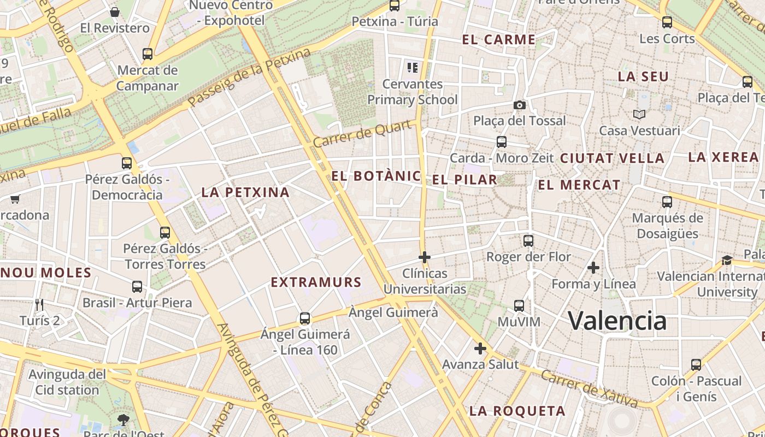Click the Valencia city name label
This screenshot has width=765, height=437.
click(x=617, y=321)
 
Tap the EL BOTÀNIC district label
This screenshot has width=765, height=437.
click(x=376, y=176)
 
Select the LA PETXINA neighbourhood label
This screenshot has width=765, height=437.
click(x=245, y=192)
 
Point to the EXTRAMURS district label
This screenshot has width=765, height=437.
click(x=316, y=282)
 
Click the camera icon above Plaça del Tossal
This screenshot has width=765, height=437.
click(x=519, y=105)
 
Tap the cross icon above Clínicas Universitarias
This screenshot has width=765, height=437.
click(x=425, y=257)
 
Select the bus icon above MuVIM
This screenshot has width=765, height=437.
click(x=519, y=306)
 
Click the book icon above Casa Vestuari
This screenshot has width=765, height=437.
click(x=639, y=115)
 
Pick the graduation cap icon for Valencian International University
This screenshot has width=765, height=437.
click(x=727, y=260)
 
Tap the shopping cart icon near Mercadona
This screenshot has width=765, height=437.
click(x=15, y=199)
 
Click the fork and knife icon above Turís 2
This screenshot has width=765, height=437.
click(x=39, y=304)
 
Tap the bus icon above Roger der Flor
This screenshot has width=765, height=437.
click(x=528, y=240)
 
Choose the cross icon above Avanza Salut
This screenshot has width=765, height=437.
click(x=480, y=348)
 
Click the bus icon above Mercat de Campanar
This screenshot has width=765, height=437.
click(x=148, y=54)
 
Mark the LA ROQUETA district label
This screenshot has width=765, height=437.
click(x=517, y=411)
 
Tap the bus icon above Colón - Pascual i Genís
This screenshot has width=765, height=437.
click(x=696, y=364)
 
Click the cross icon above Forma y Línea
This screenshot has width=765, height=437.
click(x=593, y=268)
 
